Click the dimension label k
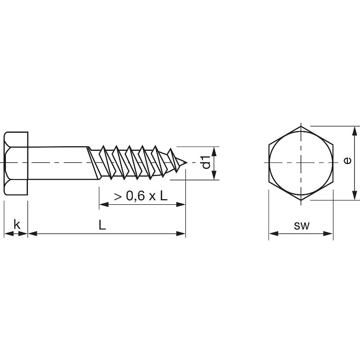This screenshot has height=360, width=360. tap(17, 224)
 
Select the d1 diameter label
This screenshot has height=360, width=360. tap(206, 162)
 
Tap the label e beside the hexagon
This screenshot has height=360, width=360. tap(347, 161)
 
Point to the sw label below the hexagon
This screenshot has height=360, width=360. tap(301, 226)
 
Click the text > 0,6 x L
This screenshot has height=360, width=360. tap(140, 196)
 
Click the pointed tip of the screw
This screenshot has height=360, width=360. tap(187, 162)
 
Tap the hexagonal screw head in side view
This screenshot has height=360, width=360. tap(16, 163)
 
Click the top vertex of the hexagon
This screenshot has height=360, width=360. tap(301, 126)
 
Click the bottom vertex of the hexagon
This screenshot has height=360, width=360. tap(301, 200)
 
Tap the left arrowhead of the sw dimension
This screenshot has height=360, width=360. tap(274, 234)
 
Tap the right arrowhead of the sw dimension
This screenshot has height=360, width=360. tap(328, 234)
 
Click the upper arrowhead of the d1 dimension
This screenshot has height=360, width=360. tap(214, 151)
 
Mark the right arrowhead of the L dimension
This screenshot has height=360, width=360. tap(181, 234)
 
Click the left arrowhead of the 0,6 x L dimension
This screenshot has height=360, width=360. tap(104, 204)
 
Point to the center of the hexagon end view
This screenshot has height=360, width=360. tap(301, 163)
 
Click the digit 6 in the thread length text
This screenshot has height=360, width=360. tap(141, 196)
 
